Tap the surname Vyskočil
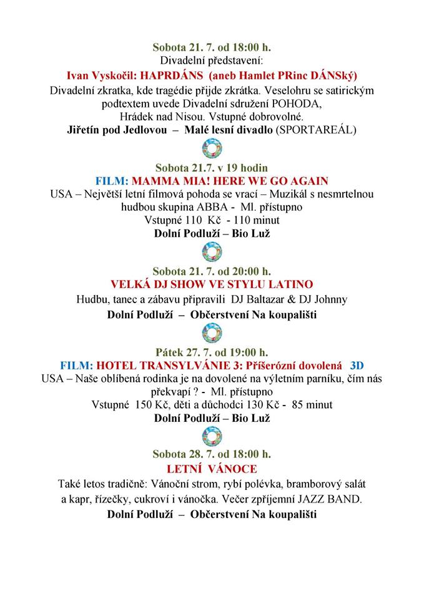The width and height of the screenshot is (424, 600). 111,76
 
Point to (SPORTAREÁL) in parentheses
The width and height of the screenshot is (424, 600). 318,131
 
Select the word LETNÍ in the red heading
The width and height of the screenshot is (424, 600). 181,468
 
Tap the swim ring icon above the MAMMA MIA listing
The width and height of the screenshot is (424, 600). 212,149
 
